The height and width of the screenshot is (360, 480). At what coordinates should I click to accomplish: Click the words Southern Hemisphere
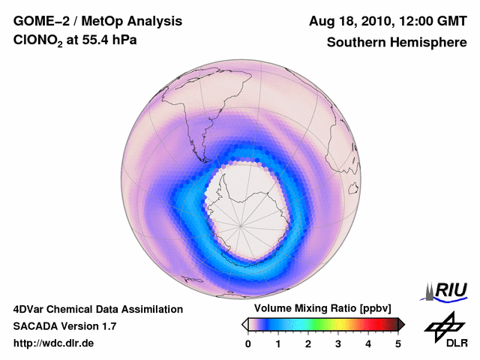point(397,43)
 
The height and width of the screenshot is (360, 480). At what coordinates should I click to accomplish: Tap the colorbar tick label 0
point(248,343)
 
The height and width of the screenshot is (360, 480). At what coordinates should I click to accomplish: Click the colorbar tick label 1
point(278,343)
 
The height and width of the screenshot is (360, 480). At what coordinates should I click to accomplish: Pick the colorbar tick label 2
point(308,343)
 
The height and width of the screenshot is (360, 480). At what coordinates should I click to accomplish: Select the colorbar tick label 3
point(338,343)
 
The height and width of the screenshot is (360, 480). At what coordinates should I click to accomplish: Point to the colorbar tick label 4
point(368,343)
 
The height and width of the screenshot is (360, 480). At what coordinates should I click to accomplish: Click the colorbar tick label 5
point(398,343)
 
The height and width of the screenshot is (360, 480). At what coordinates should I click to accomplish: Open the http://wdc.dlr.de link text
point(54,343)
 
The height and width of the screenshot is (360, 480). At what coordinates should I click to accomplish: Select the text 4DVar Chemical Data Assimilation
point(97,309)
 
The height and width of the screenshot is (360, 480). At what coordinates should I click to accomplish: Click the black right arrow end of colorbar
point(401,324)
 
